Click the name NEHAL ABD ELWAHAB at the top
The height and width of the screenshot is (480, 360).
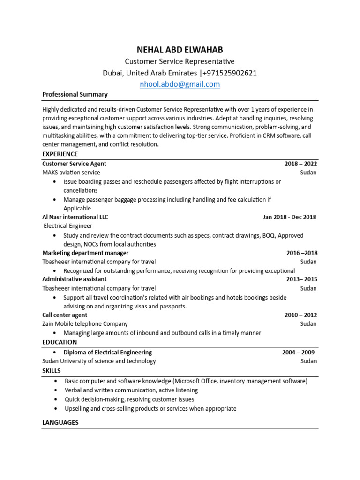tap(180, 50)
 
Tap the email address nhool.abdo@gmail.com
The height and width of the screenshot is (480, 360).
tap(180, 84)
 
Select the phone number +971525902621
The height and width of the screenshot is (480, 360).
tap(230, 73)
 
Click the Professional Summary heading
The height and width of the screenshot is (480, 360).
tap(75, 94)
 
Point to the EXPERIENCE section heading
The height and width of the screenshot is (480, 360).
tap(60, 154)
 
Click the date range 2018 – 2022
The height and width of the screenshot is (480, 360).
tap(300, 164)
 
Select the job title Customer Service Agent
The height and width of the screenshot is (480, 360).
tap(74, 164)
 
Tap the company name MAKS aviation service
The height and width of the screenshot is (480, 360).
tap(71, 172)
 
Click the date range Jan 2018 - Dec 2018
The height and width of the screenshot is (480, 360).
tap(289, 217)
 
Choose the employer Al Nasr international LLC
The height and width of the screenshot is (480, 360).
tap(75, 217)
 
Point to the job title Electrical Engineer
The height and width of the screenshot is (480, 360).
tap(68, 226)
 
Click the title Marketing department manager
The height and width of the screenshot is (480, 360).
tap(85, 253)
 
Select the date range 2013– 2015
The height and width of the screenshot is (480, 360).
tap(301, 279)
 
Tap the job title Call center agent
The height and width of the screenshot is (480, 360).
tap(65, 315)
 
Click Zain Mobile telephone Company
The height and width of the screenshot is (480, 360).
tap(85, 324)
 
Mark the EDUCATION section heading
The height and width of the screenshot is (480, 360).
tap(60, 342)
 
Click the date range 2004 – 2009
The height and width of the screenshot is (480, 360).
tap(298, 352)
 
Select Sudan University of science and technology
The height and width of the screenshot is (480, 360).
tap(99, 361)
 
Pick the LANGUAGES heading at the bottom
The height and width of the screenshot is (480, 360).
tap(60, 422)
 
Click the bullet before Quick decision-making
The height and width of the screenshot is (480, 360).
tap(56, 399)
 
